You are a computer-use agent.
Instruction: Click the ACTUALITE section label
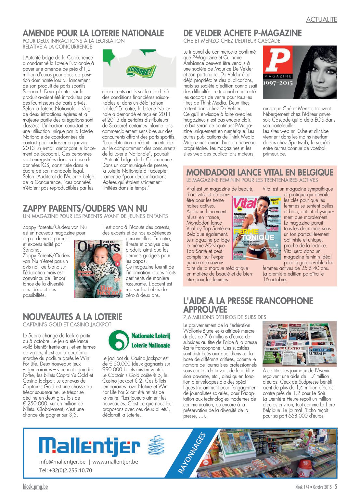point(321,20)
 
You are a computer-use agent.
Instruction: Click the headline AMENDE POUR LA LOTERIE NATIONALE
point(93,33)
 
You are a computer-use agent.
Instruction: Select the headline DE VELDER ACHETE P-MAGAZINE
point(242,33)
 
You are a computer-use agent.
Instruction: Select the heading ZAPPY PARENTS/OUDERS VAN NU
point(85,208)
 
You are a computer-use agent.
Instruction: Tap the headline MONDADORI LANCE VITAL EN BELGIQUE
point(260,172)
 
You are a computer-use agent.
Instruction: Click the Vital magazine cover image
point(256,227)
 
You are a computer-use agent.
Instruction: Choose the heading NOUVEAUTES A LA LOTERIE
point(72,317)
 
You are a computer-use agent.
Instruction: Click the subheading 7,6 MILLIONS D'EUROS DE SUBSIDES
point(225,317)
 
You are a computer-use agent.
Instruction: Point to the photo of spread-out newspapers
point(299,344)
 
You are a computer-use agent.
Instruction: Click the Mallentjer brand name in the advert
point(89,447)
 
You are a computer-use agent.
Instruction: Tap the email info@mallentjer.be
point(62,462)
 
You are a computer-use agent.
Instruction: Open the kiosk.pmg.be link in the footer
point(35,487)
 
